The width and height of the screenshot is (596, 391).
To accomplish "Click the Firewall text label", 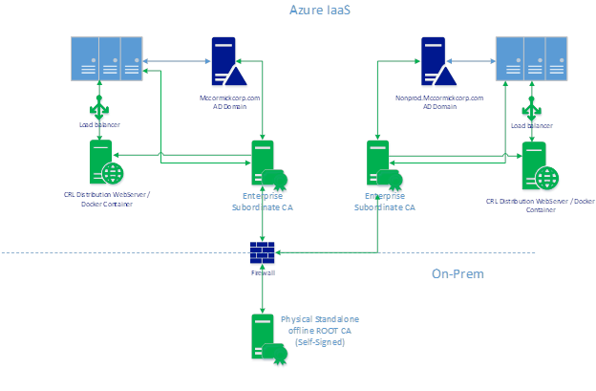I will tap(263, 272).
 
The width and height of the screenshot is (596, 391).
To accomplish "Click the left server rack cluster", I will tap(106, 59).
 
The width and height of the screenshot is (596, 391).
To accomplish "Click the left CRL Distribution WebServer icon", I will tap(103, 163).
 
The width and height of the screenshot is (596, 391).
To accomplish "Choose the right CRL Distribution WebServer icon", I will tap(532, 165).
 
